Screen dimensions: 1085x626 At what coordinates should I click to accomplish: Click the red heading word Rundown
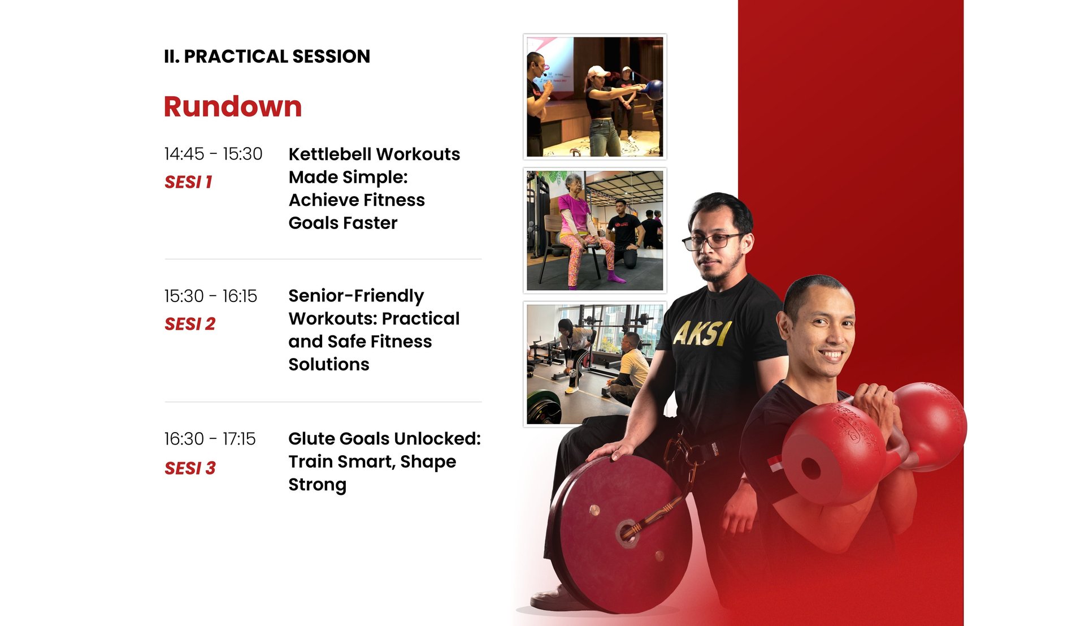(x=233, y=106)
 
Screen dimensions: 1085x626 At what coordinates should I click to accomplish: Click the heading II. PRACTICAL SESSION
(x=267, y=57)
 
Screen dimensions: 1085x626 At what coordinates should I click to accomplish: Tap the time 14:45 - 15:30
(x=213, y=154)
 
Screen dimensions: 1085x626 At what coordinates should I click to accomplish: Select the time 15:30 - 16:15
(x=210, y=296)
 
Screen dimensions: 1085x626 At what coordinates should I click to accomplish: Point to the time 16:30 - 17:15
(x=210, y=439)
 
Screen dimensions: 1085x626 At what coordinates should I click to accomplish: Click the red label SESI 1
(x=188, y=182)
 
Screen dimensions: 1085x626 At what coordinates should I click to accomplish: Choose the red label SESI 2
(x=190, y=324)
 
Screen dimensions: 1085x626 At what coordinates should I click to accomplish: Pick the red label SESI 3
(x=190, y=468)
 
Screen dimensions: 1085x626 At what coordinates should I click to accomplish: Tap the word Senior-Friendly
(x=356, y=296)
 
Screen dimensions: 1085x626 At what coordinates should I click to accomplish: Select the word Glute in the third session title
(x=311, y=439)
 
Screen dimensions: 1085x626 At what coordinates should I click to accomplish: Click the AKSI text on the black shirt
(x=702, y=334)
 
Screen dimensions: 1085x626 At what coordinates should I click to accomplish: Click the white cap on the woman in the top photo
(x=598, y=72)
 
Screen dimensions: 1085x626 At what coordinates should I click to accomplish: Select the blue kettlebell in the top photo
(x=653, y=89)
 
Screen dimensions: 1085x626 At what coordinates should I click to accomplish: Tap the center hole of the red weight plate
(x=627, y=533)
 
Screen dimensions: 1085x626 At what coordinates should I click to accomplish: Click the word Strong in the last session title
(x=317, y=485)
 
